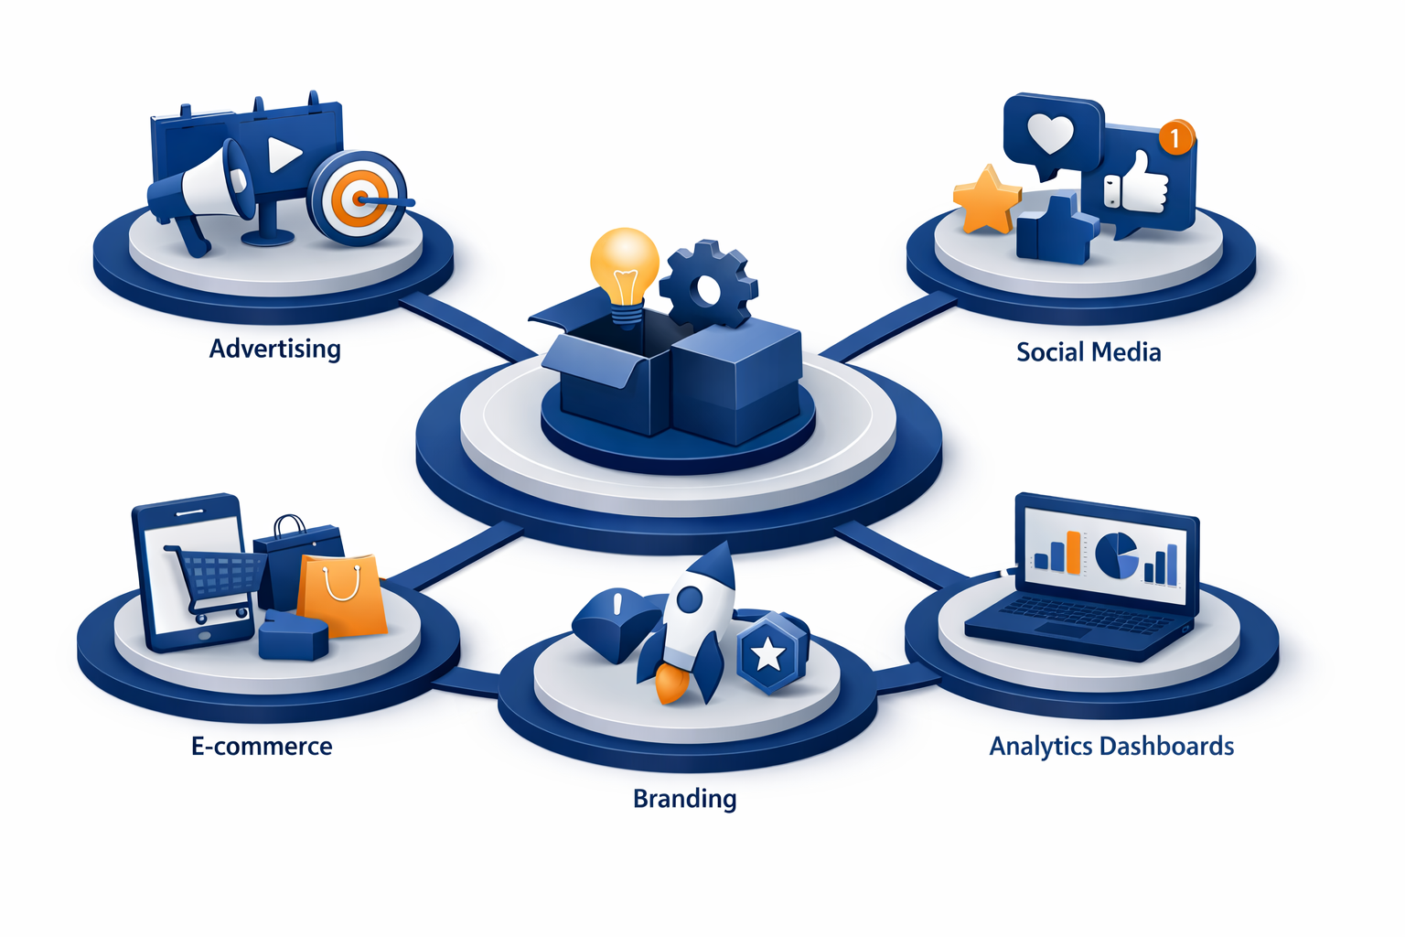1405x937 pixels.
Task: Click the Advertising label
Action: point(274,349)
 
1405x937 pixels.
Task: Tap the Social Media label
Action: point(1089,352)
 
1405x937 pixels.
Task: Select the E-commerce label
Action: point(262,746)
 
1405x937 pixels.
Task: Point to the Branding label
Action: point(684,799)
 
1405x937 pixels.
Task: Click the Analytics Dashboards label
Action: point(1111,747)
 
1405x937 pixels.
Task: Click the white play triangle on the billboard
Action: point(283,155)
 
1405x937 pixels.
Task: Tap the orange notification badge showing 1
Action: point(1176,137)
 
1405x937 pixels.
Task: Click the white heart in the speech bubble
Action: point(1051,134)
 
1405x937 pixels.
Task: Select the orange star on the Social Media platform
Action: point(987,199)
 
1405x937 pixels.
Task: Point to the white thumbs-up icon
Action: point(1137,183)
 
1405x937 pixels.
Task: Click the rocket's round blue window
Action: point(690,600)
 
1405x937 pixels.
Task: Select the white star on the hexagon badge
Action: point(767,656)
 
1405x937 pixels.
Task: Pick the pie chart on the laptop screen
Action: point(1117,556)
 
